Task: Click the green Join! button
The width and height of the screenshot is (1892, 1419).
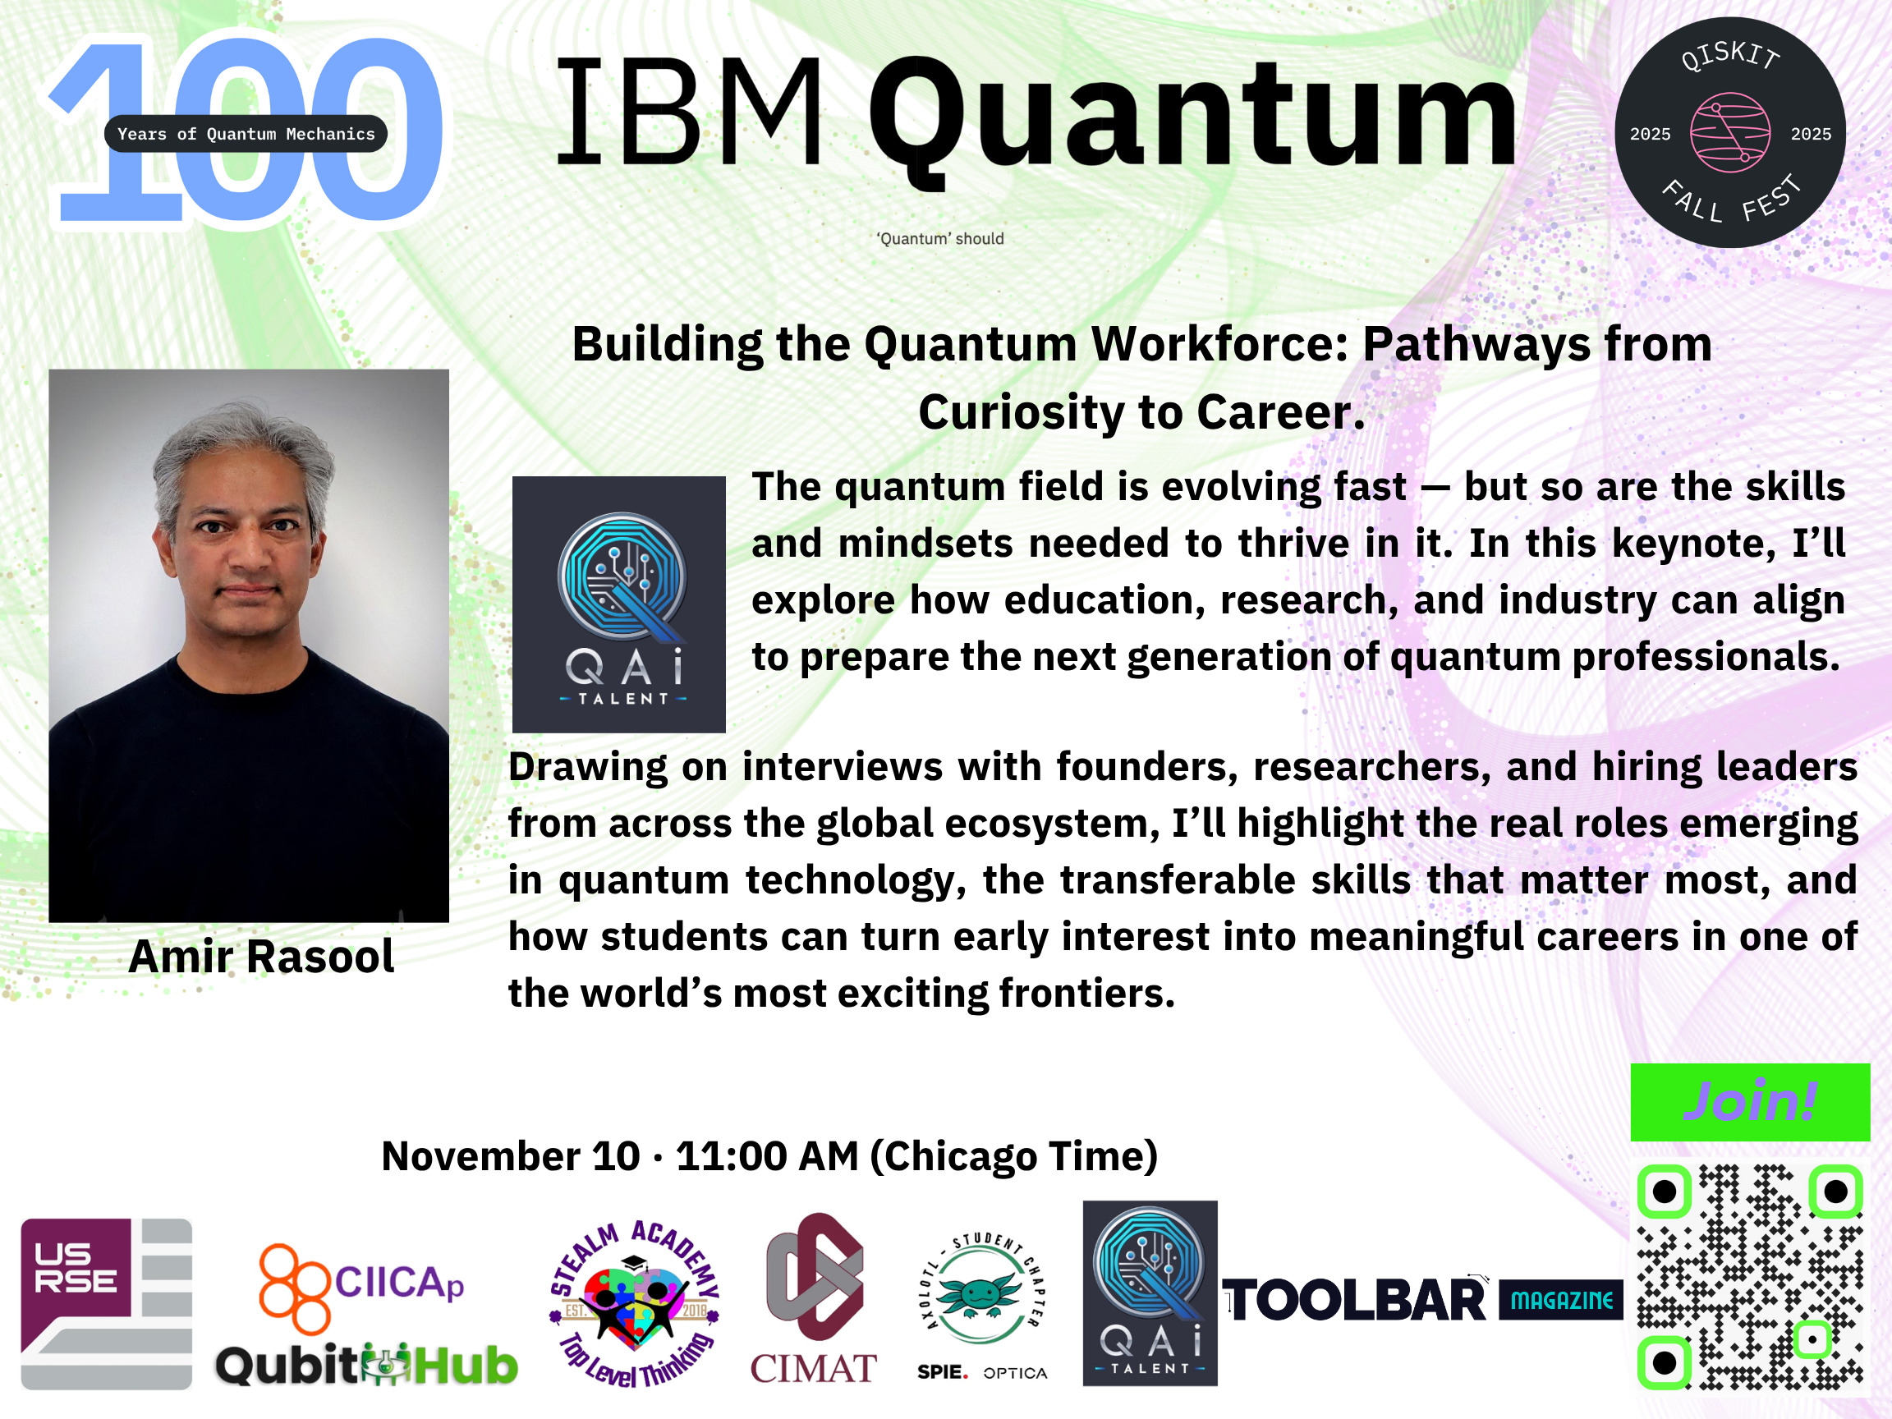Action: (x=1750, y=1102)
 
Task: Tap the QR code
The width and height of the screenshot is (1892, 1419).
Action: (x=1750, y=1277)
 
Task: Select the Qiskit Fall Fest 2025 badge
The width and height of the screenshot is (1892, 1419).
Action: (x=1730, y=132)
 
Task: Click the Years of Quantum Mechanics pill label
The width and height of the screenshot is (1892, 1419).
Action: (x=246, y=133)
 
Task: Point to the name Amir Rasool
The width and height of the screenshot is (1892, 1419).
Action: (x=262, y=956)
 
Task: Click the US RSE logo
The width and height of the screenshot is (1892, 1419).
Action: (x=106, y=1303)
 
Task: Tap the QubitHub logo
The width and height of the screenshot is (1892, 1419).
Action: (x=367, y=1364)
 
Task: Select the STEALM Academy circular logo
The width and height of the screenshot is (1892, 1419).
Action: (x=634, y=1303)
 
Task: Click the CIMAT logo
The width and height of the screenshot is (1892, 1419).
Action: (x=814, y=1298)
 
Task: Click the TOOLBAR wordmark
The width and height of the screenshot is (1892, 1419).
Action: (x=1355, y=1301)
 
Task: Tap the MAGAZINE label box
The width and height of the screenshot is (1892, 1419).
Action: (x=1561, y=1300)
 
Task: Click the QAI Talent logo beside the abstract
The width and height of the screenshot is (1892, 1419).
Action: (x=618, y=604)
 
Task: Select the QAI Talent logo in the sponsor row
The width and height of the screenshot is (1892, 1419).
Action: (x=1150, y=1293)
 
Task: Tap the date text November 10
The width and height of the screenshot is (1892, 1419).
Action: (x=511, y=1156)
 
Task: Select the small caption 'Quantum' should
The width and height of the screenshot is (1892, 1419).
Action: (x=940, y=239)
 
